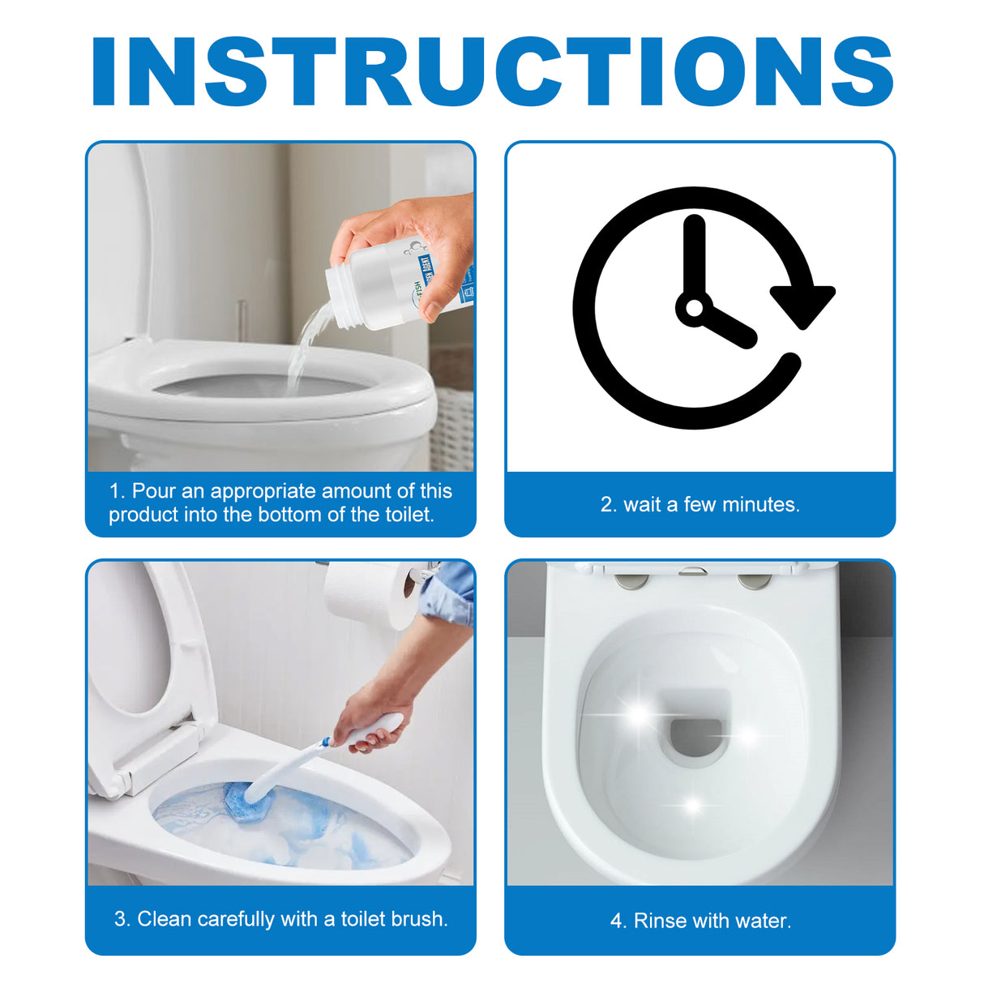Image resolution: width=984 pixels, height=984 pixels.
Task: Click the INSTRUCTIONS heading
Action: tap(492, 71)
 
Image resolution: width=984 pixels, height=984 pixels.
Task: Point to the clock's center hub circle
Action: tap(694, 308)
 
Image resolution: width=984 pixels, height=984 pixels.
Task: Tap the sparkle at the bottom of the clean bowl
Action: tap(691, 806)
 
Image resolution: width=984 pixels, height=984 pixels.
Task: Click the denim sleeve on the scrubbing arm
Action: tap(450, 592)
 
